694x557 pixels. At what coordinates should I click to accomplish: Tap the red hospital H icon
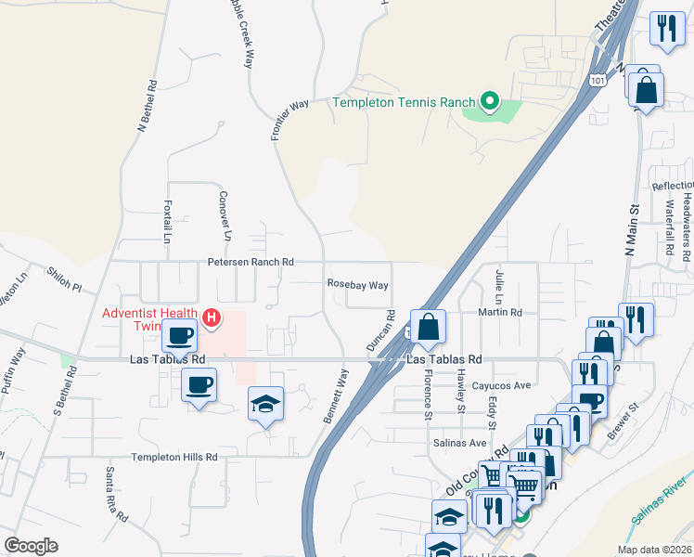point(212,318)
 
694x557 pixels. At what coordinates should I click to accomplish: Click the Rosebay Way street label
point(357,285)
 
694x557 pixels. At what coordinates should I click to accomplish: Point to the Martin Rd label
point(501,313)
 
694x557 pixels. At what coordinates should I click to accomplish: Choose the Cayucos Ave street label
point(501,385)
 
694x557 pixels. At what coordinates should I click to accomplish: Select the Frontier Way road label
point(289,120)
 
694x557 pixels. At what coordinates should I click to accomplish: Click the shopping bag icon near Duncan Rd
point(428,328)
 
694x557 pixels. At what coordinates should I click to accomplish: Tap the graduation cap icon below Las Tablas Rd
point(266,404)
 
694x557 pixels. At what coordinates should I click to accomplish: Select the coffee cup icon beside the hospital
point(179,335)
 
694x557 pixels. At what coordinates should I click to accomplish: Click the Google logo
point(31,546)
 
